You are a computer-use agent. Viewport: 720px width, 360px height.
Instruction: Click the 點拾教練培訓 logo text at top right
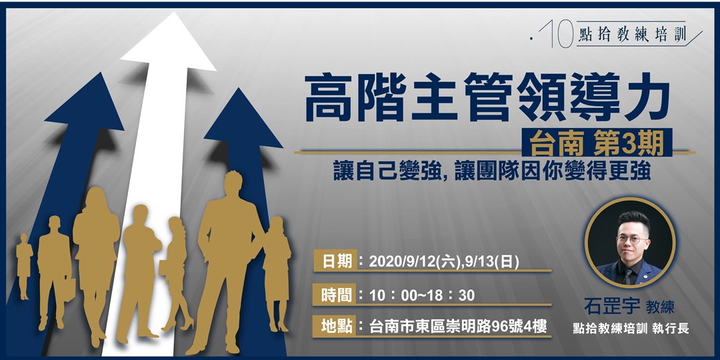click(633, 35)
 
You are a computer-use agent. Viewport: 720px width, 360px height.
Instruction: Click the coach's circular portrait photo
click(629, 242)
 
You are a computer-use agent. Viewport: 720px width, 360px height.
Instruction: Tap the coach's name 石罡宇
click(611, 307)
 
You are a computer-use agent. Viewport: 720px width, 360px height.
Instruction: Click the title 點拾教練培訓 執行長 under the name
click(629, 328)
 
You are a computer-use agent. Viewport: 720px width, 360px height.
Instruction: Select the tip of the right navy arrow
click(235, 91)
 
